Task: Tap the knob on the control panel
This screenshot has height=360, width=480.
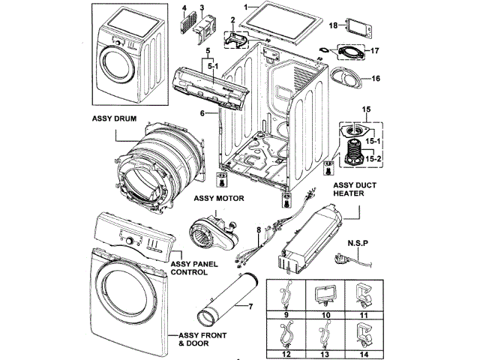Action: pyautogui.click(x=132, y=241)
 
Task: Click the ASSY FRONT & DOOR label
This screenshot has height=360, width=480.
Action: pyautogui.click(x=198, y=338)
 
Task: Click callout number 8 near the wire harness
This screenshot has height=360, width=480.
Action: pyautogui.click(x=258, y=230)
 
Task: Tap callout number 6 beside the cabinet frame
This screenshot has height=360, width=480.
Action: pyautogui.click(x=202, y=112)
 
